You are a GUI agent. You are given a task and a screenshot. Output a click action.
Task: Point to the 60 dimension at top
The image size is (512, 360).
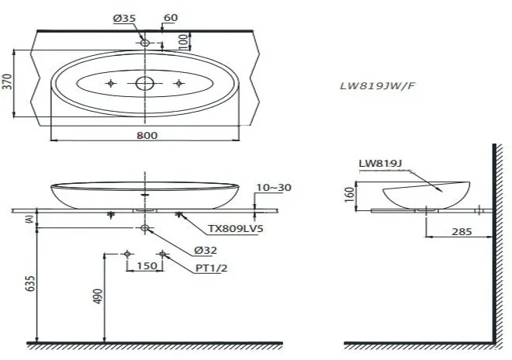pyautogui.click(x=171, y=19)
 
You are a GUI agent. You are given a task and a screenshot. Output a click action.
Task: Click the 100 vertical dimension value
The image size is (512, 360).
pyautogui.click(x=183, y=40)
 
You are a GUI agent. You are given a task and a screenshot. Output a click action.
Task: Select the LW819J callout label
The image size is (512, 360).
pyautogui.click(x=380, y=164)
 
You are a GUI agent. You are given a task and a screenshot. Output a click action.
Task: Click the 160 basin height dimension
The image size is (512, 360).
pyautogui.click(x=350, y=194)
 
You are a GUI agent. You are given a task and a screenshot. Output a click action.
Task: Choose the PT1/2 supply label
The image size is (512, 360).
pyautogui.click(x=212, y=268)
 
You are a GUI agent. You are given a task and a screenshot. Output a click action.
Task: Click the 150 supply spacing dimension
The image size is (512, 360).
pyautogui.click(x=145, y=266)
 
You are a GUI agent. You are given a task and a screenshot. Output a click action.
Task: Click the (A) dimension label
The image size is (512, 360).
pyautogui.click(x=29, y=220)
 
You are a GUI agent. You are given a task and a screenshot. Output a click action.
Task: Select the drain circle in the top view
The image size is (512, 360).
pyautogui.click(x=145, y=84)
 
